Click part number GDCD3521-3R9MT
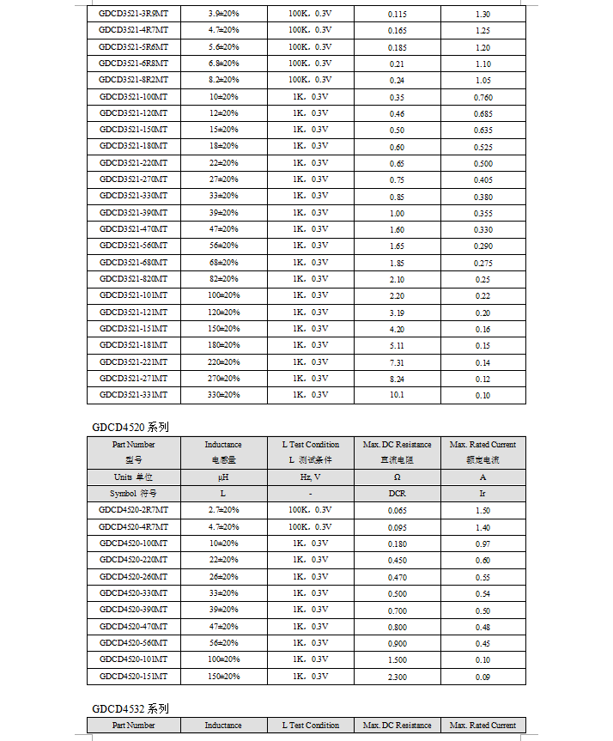133,14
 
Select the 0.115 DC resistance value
397,15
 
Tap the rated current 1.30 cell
483,15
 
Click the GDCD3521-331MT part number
133,395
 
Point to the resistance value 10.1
397,396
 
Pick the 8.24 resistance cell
397,379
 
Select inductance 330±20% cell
223,395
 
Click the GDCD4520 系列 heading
130,427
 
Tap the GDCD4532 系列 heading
130,709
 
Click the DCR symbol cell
397,494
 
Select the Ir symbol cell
483,494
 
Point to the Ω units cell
397,477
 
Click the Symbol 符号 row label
133,494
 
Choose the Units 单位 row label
133,477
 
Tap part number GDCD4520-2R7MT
133,510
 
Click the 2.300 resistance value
397,677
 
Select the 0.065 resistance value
397,511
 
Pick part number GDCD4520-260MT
133,576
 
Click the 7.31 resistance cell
397,362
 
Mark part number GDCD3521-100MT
133,97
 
